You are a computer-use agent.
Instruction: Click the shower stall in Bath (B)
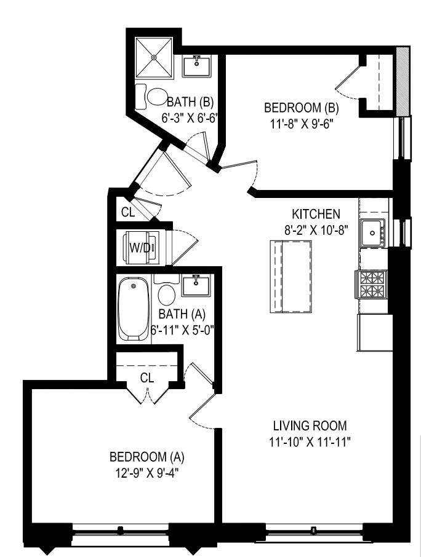pos(154,57)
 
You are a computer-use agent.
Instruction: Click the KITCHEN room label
pos(316,214)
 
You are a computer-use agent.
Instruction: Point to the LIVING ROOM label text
pos(310,425)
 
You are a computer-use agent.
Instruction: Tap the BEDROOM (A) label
pos(146,457)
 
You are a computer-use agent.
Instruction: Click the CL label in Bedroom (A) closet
pos(146,378)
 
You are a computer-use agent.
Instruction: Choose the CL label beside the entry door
pos(127,213)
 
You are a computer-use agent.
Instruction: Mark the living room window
pos(314,529)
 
